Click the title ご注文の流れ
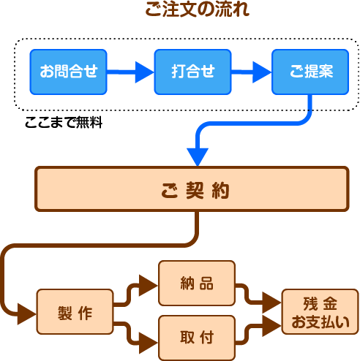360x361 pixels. (x=197, y=9)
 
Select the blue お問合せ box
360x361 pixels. (x=68, y=72)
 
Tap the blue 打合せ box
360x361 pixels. (x=192, y=72)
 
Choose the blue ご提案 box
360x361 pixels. (x=310, y=72)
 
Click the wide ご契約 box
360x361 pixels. (x=192, y=189)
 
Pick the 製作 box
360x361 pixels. (x=75, y=311)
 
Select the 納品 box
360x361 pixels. (x=197, y=283)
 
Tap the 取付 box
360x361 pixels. (x=197, y=338)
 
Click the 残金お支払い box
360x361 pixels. (x=320, y=311)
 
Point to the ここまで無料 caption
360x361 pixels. (x=64, y=122)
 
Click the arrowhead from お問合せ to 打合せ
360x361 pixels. (x=144, y=72)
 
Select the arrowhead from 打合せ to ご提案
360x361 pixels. (x=262, y=72)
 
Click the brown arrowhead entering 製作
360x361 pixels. (x=27, y=314)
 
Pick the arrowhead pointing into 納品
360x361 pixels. (x=149, y=285)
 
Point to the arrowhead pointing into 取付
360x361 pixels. (x=149, y=343)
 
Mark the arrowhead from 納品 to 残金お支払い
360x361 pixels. (x=272, y=303)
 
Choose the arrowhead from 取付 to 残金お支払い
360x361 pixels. (x=272, y=326)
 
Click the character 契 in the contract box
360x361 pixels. (x=195, y=190)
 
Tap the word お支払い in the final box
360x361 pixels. (x=320, y=322)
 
